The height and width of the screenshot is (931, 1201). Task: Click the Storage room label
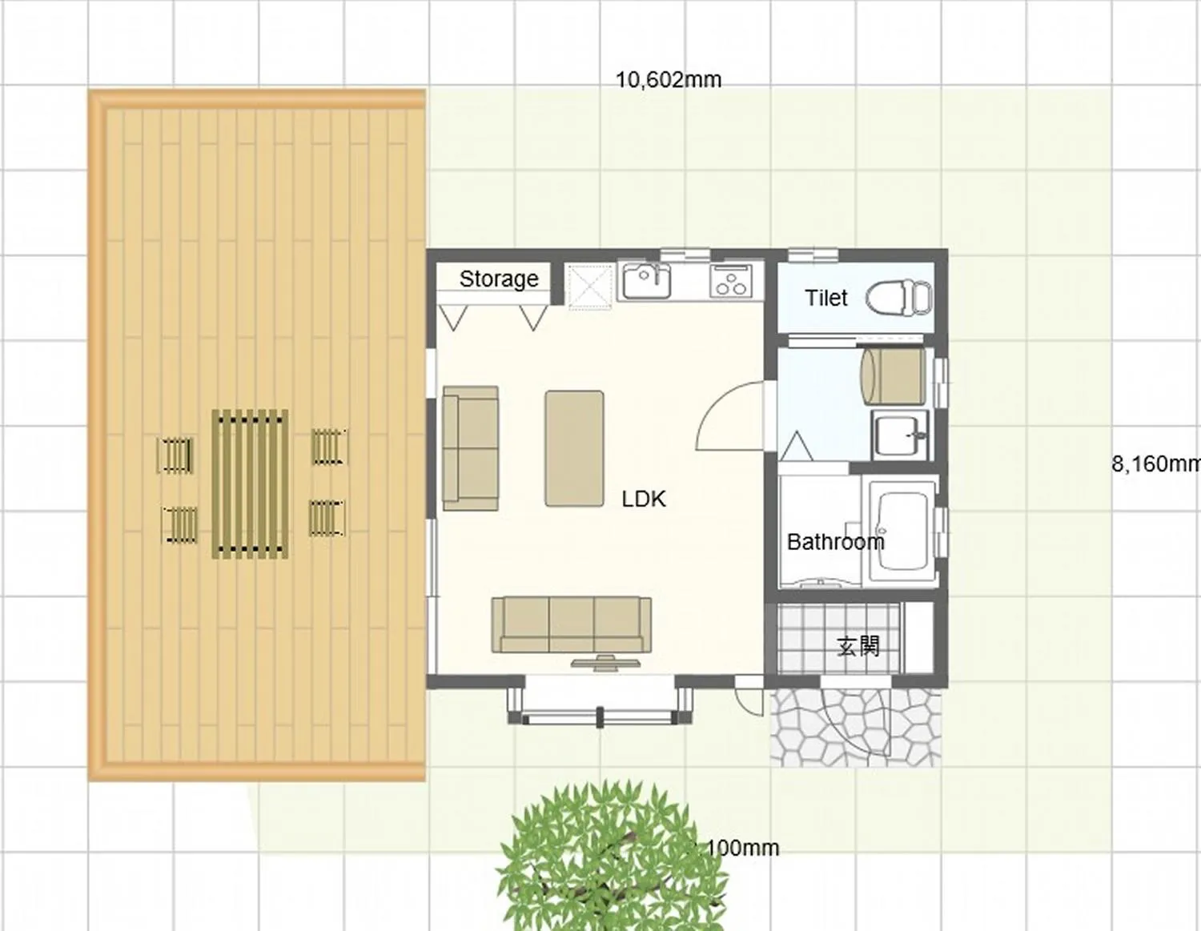(x=498, y=279)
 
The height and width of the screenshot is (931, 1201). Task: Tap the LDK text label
(x=643, y=499)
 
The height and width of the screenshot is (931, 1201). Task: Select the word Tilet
(x=825, y=298)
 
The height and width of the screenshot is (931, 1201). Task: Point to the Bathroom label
(x=835, y=542)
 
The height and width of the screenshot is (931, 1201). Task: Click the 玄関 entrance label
(x=858, y=645)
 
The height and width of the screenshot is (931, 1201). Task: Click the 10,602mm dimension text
(x=669, y=80)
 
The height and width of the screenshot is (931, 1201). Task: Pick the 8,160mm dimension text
(x=1155, y=463)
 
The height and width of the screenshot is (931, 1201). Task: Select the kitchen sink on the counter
(x=646, y=281)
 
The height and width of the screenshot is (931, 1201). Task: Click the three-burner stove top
(x=730, y=281)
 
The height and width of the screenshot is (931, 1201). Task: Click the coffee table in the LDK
(x=574, y=448)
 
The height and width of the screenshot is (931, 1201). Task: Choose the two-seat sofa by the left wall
(x=470, y=448)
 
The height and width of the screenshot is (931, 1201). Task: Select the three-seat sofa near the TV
(x=571, y=624)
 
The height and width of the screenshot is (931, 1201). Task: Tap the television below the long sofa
(x=605, y=662)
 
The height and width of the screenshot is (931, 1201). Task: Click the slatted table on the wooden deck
(x=250, y=484)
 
